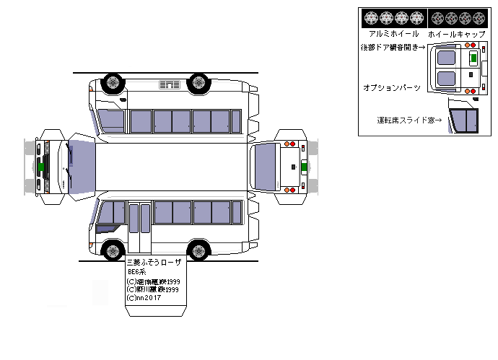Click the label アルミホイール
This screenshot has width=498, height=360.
(x=393, y=34)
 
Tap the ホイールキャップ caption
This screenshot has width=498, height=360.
(x=452, y=34)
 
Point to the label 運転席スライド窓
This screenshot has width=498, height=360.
(x=409, y=120)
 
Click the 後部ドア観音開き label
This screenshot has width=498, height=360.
(x=394, y=48)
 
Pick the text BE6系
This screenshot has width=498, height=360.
(x=136, y=273)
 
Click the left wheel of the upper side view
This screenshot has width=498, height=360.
(x=112, y=83)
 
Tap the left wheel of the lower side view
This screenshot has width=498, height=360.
(x=112, y=251)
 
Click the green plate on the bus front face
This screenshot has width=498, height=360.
(x=43, y=166)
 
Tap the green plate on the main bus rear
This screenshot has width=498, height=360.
(x=304, y=167)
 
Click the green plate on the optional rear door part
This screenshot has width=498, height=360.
(x=473, y=58)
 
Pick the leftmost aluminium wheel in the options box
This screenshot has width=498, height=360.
(x=370, y=17)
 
